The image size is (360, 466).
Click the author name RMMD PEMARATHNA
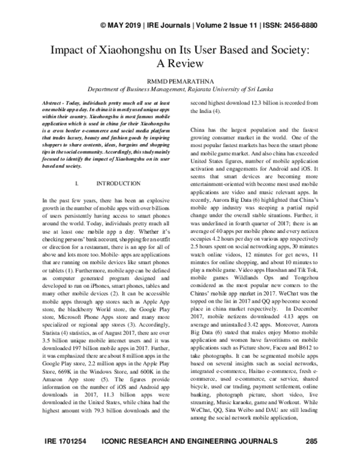179,78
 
